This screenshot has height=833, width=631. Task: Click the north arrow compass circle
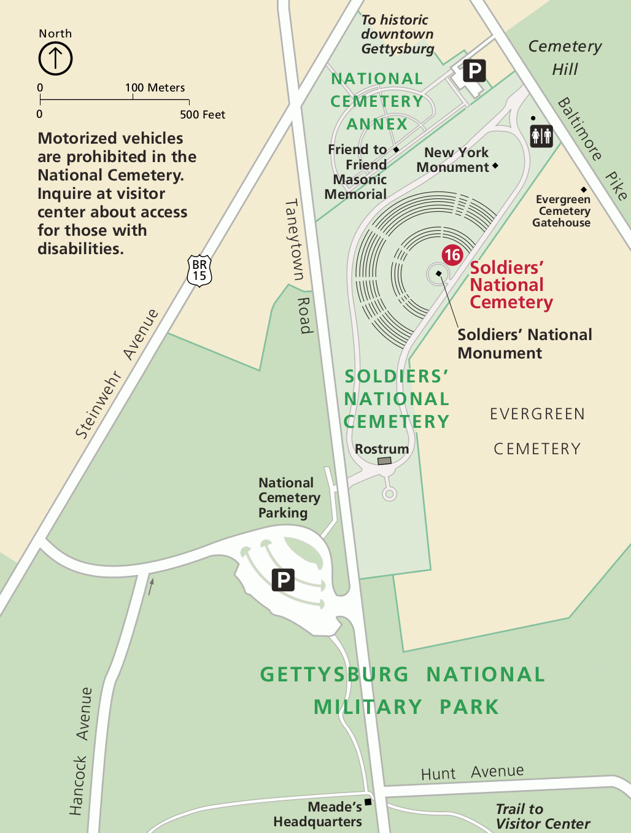pyautogui.click(x=55, y=59)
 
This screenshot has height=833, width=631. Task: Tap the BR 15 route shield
pyautogui.click(x=199, y=271)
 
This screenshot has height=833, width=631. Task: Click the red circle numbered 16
pyautogui.click(x=452, y=255)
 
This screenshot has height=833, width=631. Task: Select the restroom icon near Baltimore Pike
pyautogui.click(x=541, y=136)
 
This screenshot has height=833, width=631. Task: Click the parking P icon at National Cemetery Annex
pyautogui.click(x=474, y=71)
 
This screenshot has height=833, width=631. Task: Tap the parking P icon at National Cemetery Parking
pyautogui.click(x=283, y=579)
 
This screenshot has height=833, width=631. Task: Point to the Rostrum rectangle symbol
pyautogui.click(x=384, y=460)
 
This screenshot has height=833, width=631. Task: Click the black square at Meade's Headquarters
pyautogui.click(x=368, y=802)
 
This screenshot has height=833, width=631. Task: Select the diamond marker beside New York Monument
pyautogui.click(x=495, y=165)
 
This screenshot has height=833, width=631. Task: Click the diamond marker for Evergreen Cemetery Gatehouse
pyautogui.click(x=584, y=190)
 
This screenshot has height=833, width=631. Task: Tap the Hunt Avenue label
pyautogui.click(x=472, y=772)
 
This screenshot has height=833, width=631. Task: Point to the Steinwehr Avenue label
pyautogui.click(x=116, y=374)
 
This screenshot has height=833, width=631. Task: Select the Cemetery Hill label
pyautogui.click(x=565, y=57)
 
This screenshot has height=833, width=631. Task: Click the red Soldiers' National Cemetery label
pyautogui.click(x=511, y=285)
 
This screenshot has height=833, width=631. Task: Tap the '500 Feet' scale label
pyautogui.click(x=203, y=115)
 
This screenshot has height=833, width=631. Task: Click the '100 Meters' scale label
pyautogui.click(x=155, y=88)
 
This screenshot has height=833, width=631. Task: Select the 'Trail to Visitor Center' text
pyautogui.click(x=543, y=816)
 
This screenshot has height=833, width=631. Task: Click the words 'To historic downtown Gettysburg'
pyautogui.click(x=397, y=34)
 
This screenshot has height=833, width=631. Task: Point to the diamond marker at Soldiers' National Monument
pyautogui.click(x=439, y=274)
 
